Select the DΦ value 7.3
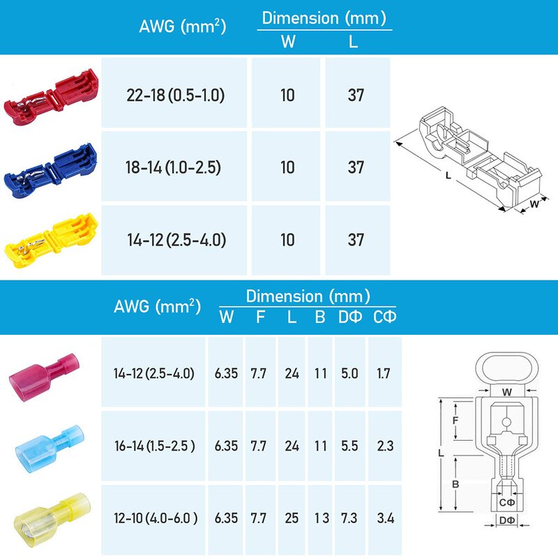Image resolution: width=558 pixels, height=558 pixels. click(349, 518)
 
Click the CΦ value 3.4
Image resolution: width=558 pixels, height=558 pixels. click(384, 518)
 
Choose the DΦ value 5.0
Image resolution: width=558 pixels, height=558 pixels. click(349, 373)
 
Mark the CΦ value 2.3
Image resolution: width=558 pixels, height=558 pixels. click(384, 446)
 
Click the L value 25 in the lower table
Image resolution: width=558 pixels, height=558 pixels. click(292, 518)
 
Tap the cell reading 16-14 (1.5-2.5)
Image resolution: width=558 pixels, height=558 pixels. click(154, 446)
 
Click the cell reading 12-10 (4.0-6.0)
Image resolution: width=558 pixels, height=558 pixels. click(154, 518)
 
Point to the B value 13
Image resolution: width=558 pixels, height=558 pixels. click(320, 518)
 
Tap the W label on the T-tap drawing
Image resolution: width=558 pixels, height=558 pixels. click(534, 205)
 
